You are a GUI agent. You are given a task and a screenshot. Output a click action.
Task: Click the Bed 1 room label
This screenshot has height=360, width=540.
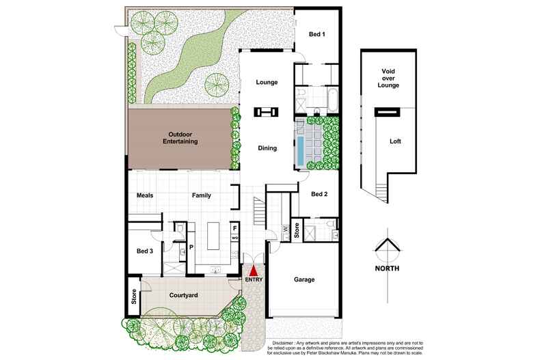pyautogui.click(x=316, y=34)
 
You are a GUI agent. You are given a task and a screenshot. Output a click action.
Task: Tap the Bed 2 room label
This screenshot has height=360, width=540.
pyautogui.click(x=319, y=195)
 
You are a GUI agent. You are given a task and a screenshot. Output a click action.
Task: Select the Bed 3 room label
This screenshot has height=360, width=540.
pyautogui.click(x=145, y=251)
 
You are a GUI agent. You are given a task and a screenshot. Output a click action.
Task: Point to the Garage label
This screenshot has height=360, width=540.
pyautogui.click(x=304, y=279)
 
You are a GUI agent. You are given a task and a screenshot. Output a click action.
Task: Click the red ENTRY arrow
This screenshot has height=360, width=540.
pyautogui.click(x=254, y=271)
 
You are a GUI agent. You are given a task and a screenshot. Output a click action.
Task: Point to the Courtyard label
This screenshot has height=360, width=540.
pyautogui.click(x=184, y=295)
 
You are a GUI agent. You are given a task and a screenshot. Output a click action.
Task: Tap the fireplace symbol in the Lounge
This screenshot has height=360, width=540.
pyautogui.click(x=266, y=111)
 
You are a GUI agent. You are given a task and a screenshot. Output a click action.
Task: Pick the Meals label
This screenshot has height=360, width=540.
pyautogui.click(x=145, y=195)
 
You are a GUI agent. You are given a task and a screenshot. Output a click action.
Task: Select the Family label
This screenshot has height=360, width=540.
pyautogui.click(x=201, y=195)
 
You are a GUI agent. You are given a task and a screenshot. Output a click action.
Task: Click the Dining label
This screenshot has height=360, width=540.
pyautogui.click(x=267, y=148)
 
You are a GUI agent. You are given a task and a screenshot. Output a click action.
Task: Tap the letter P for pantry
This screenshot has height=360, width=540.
pyautogui.click(x=191, y=247)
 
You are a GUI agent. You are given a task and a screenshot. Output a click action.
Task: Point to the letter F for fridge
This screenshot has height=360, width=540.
pyautogui.click(x=234, y=227)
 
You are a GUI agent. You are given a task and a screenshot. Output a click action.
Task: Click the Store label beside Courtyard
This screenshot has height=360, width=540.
pyautogui.click(x=134, y=298)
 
